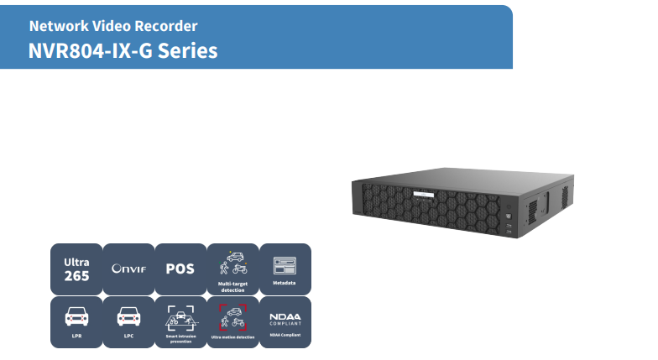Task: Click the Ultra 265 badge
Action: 76,269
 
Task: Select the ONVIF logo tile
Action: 128,269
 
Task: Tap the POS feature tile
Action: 180,269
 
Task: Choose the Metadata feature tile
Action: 285,269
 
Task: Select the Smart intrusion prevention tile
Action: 180,321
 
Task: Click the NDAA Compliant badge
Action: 285,321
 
